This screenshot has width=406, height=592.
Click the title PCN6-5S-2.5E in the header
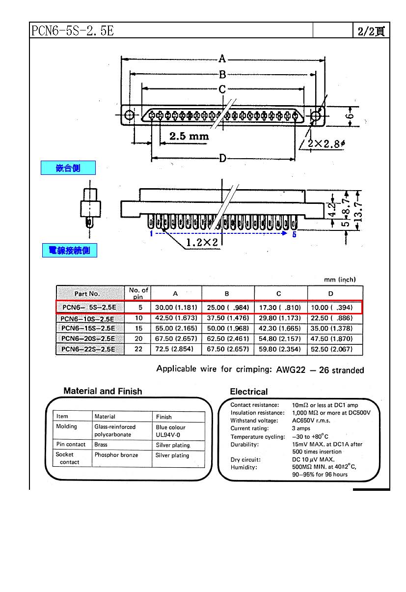click(x=73, y=31)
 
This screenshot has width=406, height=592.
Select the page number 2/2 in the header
click(x=371, y=31)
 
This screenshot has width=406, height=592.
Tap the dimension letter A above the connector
click(x=222, y=59)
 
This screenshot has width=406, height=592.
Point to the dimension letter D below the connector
click(x=222, y=158)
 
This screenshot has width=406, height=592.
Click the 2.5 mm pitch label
click(x=189, y=136)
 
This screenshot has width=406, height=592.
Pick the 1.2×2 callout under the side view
click(x=202, y=242)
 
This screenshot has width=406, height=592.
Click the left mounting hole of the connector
click(x=129, y=115)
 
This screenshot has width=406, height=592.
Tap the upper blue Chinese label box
click(x=68, y=168)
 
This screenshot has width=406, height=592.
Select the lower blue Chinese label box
click(x=69, y=251)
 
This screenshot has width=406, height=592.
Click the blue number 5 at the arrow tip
click(x=294, y=234)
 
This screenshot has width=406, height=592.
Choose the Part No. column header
click(x=87, y=293)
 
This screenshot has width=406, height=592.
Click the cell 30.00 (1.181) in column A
click(x=176, y=308)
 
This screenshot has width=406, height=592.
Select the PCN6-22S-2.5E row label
click(x=89, y=349)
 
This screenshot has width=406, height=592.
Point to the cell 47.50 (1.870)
click(x=332, y=339)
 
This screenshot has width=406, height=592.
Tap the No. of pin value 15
click(x=138, y=328)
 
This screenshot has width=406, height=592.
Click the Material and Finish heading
click(x=103, y=391)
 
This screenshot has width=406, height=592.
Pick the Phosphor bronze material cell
click(x=116, y=455)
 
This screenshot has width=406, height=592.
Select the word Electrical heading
click(x=249, y=392)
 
